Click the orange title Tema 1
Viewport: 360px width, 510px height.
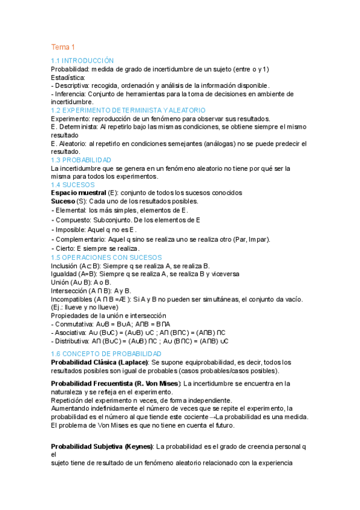click(63, 47)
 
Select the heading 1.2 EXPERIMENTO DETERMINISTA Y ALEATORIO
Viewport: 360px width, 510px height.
click(128, 111)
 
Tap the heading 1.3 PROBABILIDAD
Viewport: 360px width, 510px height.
click(81, 161)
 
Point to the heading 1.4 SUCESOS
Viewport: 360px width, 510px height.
click(69, 185)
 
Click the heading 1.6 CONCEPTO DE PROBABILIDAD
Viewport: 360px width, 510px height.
click(106, 354)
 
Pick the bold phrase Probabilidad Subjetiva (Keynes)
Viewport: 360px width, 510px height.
click(102, 446)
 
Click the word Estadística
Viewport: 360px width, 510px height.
click(69, 78)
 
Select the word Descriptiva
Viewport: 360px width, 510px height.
click(73, 86)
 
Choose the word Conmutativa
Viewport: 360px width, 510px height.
click(74, 324)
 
